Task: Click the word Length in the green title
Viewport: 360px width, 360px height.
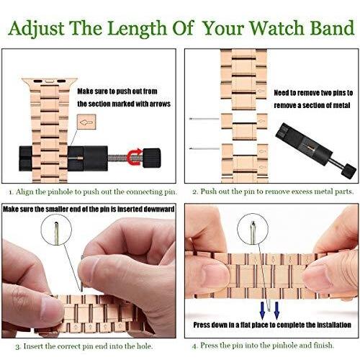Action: [x=137, y=29]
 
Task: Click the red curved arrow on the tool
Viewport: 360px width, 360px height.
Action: [x=135, y=157]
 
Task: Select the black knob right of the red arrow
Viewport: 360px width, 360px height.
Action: [x=151, y=158]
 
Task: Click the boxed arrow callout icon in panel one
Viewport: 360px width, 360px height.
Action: [x=86, y=122]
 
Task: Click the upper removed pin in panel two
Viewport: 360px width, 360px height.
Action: [x=204, y=119]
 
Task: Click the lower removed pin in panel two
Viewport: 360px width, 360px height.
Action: [x=204, y=148]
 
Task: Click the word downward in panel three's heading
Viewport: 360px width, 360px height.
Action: [x=159, y=209]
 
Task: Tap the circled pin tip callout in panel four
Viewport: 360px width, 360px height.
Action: [x=253, y=229]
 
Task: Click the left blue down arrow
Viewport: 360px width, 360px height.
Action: [x=262, y=310]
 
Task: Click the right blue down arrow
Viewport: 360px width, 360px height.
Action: [x=276, y=310]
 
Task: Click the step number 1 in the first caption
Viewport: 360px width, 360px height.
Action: [x=10, y=192]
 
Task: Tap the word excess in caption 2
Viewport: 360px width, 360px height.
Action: [x=300, y=192]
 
